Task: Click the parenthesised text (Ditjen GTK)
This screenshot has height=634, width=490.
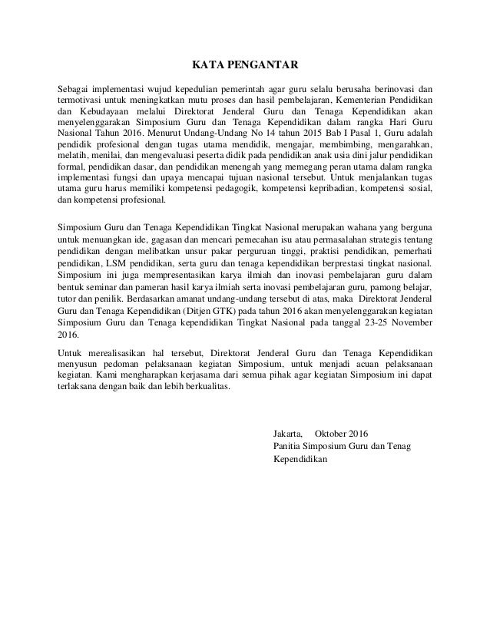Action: click(x=214, y=312)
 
